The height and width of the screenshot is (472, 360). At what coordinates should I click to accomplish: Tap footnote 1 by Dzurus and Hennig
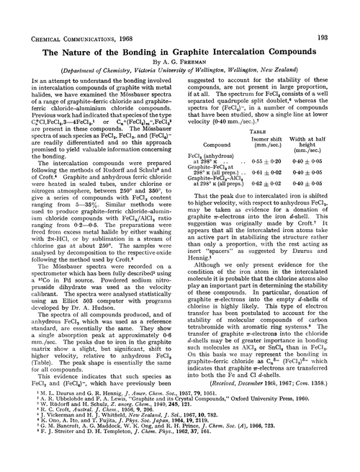108,422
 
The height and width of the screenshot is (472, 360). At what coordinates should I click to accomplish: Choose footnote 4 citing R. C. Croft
93,442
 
